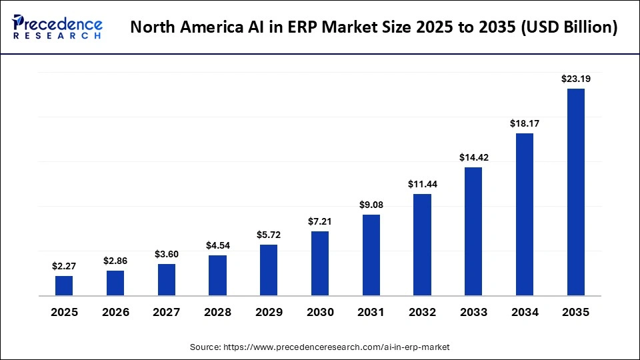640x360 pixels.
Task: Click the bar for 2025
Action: tap(64, 285)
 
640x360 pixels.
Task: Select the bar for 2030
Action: tap(320, 263)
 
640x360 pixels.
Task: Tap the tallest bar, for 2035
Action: tap(576, 192)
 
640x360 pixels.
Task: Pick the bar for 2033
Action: tap(473, 231)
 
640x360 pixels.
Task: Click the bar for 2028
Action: tap(217, 275)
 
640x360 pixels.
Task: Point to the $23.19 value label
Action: tap(576, 79)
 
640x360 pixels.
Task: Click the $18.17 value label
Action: tap(525, 123)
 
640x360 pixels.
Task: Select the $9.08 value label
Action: tap(371, 205)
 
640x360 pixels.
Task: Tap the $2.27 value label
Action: tap(64, 266)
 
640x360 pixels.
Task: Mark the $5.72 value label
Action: tap(269, 235)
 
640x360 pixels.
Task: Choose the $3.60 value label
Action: tap(167, 254)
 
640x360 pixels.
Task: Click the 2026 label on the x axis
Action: tap(115, 312)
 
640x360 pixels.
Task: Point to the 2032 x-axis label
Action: tap(422, 312)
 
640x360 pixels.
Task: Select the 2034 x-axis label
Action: tap(525, 312)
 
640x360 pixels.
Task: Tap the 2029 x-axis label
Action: tap(269, 312)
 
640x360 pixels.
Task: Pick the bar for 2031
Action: tap(371, 255)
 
